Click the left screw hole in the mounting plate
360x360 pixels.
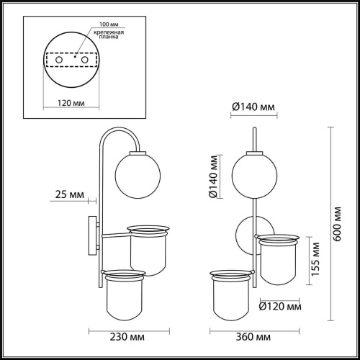point(59,60)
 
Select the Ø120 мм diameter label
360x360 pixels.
point(278,307)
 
